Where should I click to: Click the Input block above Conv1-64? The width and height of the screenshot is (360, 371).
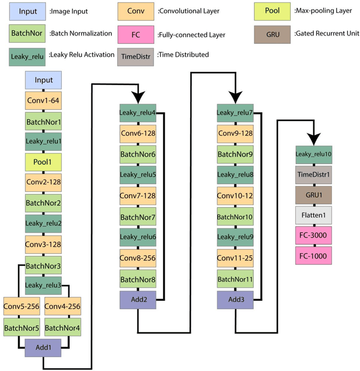(x=44, y=80)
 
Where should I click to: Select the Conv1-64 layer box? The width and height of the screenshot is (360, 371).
(x=44, y=101)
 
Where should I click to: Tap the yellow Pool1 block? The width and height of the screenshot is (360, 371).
(x=44, y=162)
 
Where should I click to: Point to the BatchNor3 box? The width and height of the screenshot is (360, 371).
(x=44, y=265)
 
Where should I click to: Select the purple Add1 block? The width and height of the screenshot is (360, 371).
(x=43, y=347)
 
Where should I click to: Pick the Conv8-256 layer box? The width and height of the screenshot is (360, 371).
(x=137, y=258)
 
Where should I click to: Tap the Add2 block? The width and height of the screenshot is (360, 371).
(x=137, y=299)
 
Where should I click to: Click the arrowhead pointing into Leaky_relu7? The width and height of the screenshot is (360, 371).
(x=234, y=96)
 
